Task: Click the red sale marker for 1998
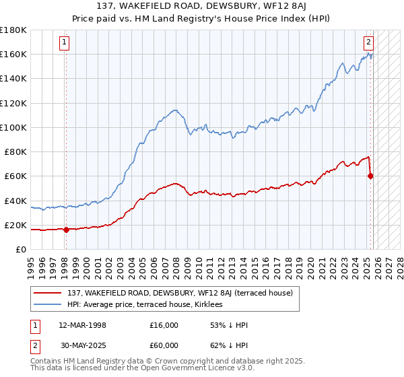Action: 66,230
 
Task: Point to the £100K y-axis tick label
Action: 13,127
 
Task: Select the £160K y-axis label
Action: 13,54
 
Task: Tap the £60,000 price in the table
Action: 164,345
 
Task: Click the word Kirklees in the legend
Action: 206,305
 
